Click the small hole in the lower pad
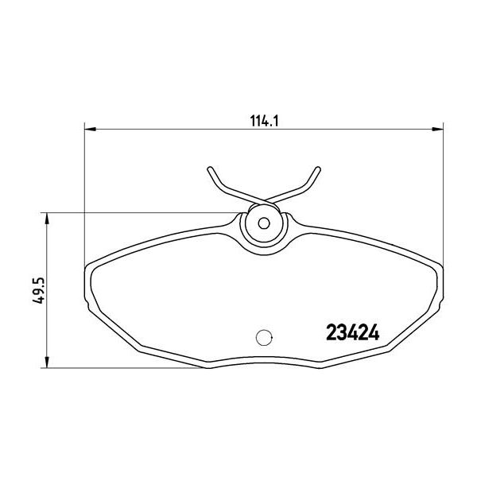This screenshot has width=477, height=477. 264,336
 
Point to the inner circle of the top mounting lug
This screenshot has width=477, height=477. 263,223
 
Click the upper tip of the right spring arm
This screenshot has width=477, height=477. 319,169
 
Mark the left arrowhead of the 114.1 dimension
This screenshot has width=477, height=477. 88,127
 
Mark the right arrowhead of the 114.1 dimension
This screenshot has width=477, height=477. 439,127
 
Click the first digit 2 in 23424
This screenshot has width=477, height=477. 333,332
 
